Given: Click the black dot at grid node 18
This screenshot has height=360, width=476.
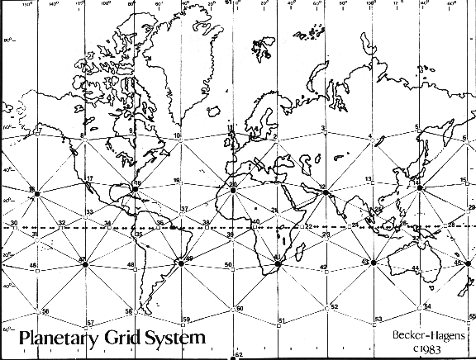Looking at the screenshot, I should [135, 189].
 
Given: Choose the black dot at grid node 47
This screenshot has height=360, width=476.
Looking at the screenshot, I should [83, 263].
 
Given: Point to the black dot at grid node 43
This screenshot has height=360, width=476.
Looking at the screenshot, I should [374, 263].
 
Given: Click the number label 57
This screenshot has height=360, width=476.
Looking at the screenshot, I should [90, 322].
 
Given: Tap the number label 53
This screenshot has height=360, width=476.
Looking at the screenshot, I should [378, 319].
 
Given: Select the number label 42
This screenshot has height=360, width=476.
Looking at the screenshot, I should [324, 267].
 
